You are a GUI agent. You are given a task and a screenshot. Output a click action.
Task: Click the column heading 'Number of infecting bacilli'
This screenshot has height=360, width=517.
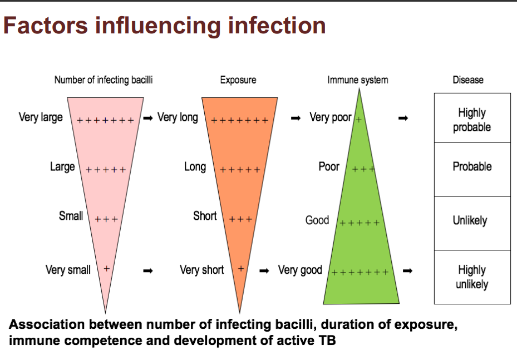[x=104, y=80]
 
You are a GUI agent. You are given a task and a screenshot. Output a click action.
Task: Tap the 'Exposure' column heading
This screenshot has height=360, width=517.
[x=238, y=80]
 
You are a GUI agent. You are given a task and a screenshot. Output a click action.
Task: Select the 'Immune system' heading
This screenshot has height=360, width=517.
[x=358, y=80]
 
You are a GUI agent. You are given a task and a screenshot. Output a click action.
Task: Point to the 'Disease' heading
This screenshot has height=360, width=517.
[x=468, y=80]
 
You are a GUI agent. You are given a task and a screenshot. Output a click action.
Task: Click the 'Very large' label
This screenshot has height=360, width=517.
[x=41, y=118]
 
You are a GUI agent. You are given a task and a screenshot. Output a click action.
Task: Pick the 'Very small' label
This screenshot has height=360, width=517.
[x=68, y=270]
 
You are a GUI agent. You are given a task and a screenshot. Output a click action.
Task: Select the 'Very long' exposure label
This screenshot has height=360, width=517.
[x=178, y=118]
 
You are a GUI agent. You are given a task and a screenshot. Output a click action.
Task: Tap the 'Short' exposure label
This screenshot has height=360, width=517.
[x=205, y=216]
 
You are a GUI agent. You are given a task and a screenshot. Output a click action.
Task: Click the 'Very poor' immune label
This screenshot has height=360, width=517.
[x=331, y=118]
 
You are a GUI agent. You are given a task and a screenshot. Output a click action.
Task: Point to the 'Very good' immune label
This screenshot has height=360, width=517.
[x=300, y=270]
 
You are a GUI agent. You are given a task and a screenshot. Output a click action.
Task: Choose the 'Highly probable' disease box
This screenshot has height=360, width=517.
[x=472, y=120]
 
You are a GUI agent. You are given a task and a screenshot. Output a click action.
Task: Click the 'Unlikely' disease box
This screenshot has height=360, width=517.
[x=472, y=221]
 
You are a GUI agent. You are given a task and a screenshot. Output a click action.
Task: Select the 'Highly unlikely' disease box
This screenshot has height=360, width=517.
[x=472, y=277]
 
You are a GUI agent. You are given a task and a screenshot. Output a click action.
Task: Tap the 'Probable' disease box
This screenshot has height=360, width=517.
[x=472, y=167]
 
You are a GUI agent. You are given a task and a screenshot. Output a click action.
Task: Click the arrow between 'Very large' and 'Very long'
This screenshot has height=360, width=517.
[x=148, y=118]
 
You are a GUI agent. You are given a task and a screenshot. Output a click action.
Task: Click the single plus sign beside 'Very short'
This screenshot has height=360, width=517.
[x=242, y=268]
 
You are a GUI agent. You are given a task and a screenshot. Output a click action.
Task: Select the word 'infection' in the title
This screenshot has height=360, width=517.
[x=277, y=26]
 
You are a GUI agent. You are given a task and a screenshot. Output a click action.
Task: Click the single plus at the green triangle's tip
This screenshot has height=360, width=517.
[x=359, y=119]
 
